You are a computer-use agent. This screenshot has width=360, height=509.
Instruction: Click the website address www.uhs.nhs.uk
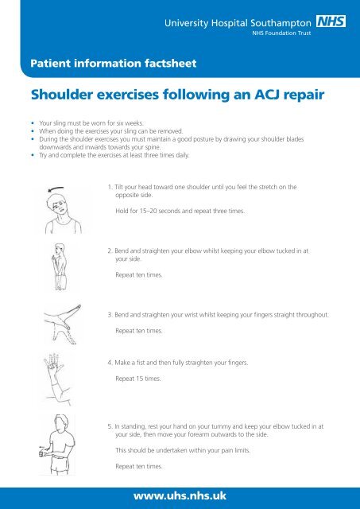tap(180, 495)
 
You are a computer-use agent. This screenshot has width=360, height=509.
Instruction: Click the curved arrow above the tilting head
tap(54, 188)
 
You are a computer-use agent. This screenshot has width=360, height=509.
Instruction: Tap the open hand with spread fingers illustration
tap(50, 374)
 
